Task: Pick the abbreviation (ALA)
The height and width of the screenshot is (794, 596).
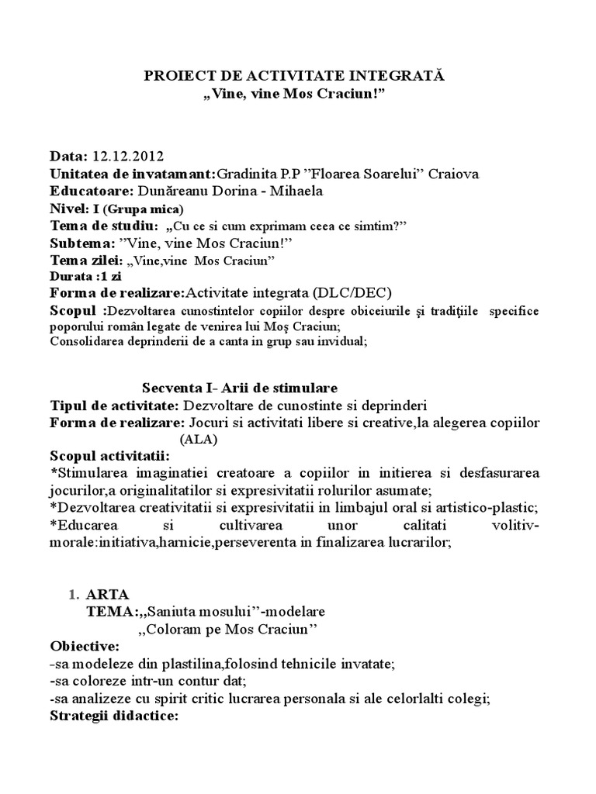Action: pos(199,438)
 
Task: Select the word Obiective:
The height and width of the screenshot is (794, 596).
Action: pos(85,646)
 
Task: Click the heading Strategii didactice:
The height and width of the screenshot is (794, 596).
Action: pos(114,716)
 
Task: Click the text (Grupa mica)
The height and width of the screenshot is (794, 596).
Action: pos(143,209)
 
